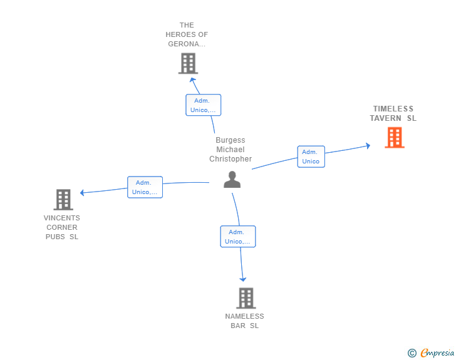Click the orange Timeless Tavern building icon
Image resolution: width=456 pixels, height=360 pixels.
pyautogui.click(x=395, y=138)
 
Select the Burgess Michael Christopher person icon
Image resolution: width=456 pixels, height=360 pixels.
pyautogui.click(x=232, y=180)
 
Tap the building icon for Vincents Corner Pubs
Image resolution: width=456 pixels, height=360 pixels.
pyautogui.click(x=63, y=200)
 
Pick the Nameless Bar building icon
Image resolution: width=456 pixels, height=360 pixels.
pyautogui.click(x=246, y=298)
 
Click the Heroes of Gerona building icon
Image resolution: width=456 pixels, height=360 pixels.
pyautogui.click(x=188, y=63)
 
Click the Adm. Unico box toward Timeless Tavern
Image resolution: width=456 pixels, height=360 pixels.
pyautogui.click(x=311, y=157)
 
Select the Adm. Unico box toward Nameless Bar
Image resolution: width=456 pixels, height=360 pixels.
pyautogui.click(x=238, y=237)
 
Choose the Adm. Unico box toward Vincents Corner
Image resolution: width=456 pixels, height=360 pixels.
pyautogui.click(x=145, y=187)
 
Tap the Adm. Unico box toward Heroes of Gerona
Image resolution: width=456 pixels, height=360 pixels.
pyautogui.click(x=204, y=105)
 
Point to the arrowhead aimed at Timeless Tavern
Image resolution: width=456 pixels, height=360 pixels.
pyautogui.click(x=368, y=146)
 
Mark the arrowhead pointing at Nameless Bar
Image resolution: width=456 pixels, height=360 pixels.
pyautogui.click(x=243, y=279)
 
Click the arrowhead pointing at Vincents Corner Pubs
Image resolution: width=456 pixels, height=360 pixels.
pyautogui.click(x=82, y=192)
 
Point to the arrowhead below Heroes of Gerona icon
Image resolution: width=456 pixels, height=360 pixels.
pyautogui.click(x=192, y=80)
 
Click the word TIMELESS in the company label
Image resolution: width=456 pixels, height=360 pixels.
pyautogui.click(x=393, y=109)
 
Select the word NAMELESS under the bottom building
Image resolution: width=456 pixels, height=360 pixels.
pyautogui.click(x=244, y=316)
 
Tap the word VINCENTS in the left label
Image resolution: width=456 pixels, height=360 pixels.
pyautogui.click(x=61, y=218)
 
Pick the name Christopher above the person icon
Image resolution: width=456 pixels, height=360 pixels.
pyautogui.click(x=231, y=159)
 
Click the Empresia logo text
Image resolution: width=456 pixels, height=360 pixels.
pyautogui.click(x=437, y=352)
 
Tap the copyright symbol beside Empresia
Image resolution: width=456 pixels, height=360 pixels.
pyautogui.click(x=412, y=353)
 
